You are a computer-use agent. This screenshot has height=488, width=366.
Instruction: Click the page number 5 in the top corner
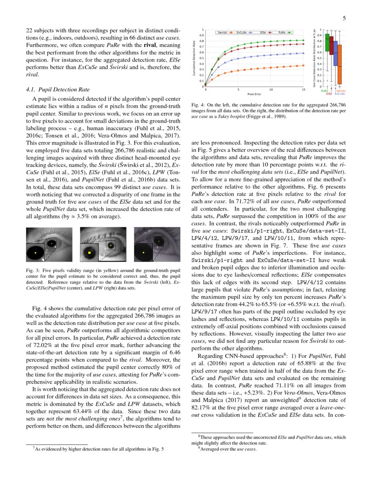[x=344, y=19]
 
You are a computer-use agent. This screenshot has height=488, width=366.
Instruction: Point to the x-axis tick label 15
[x=304, y=89]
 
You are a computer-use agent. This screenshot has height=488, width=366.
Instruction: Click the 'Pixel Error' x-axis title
[x=254, y=94]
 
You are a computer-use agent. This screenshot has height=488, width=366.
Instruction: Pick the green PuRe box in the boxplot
[x=327, y=43]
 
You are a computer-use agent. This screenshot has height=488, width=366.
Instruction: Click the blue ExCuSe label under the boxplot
[x=340, y=94]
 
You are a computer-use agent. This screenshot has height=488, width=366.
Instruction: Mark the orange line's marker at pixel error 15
[x=304, y=65]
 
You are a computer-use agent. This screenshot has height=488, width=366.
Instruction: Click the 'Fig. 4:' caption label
[x=197, y=105]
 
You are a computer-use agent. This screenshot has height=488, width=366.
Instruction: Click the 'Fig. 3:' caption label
[x=32, y=270]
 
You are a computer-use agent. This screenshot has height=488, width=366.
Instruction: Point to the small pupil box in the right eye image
[x=158, y=241]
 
